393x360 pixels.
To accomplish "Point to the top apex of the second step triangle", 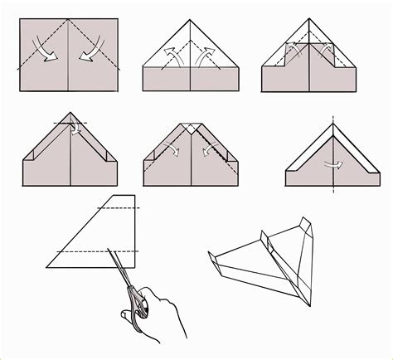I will (191, 20).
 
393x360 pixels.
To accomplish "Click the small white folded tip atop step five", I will (190, 129).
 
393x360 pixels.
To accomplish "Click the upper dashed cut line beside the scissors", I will (124, 208).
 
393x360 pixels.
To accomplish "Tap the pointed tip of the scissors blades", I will (108, 249).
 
